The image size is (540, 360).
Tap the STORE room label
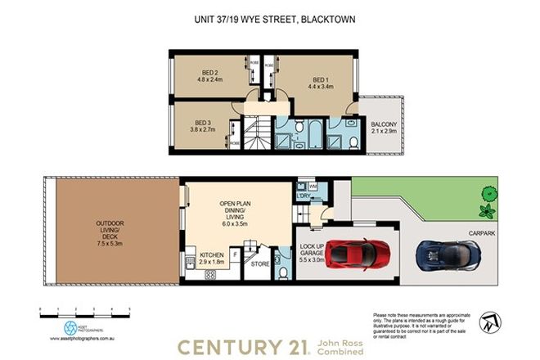tap(260, 264)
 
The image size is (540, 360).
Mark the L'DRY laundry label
tap(303, 196)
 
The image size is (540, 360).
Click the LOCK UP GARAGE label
tap(313, 251)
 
